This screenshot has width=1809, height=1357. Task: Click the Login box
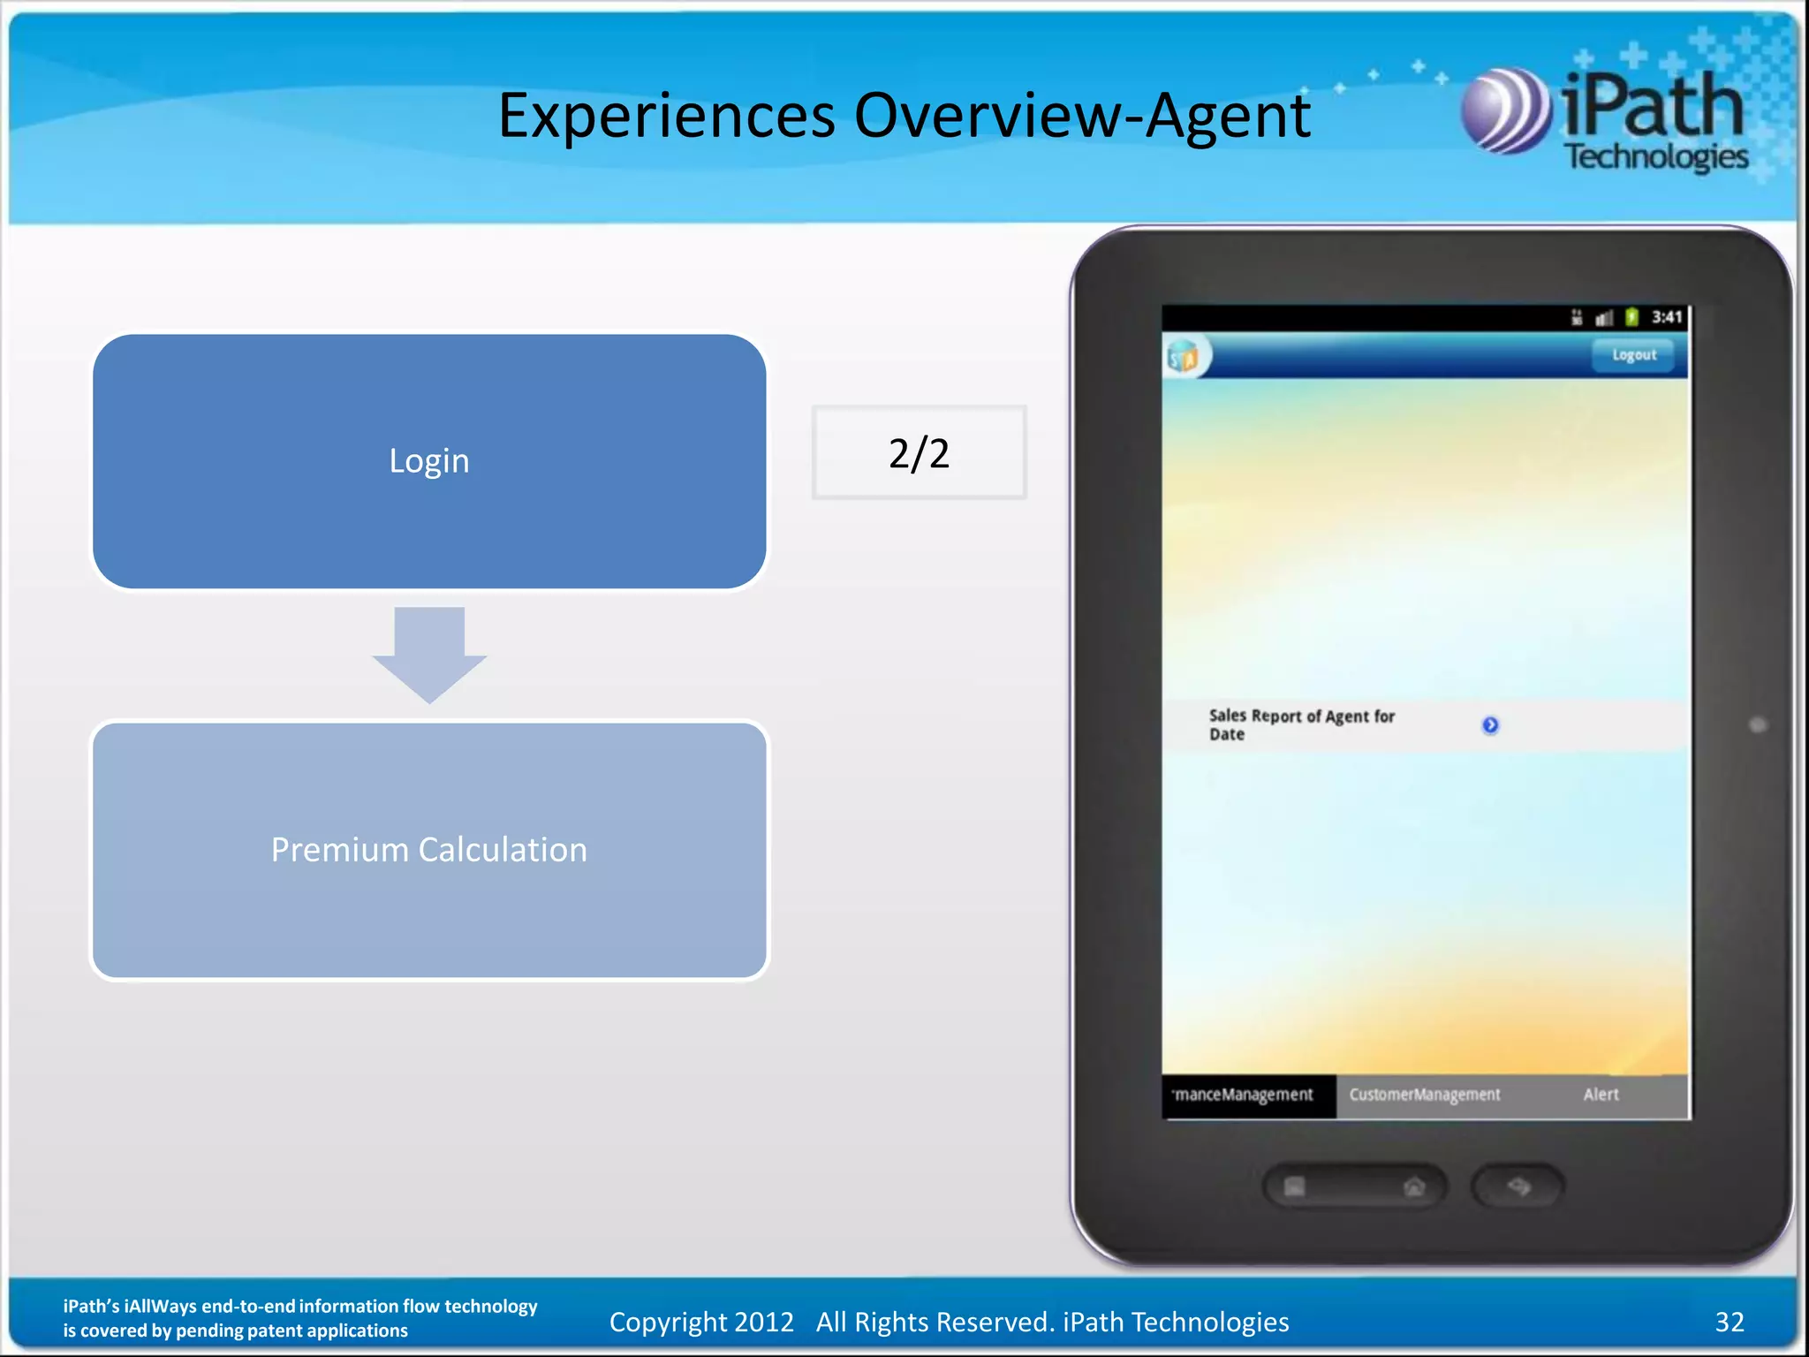(429, 461)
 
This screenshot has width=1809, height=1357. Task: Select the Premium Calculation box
(429, 850)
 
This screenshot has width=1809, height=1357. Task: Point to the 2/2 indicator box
(919, 453)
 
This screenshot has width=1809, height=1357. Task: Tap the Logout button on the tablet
(1633, 355)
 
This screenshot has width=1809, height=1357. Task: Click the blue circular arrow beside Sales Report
(1490, 725)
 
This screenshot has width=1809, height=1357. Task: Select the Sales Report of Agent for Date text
(1301, 724)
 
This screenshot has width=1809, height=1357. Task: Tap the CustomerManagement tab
(1424, 1095)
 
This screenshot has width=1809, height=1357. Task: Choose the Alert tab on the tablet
(1601, 1095)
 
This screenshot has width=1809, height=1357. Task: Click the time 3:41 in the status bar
(1667, 317)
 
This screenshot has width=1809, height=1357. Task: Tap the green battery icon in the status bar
(1631, 317)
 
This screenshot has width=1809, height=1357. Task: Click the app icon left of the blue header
(1185, 357)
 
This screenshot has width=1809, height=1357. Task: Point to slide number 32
(1730, 1322)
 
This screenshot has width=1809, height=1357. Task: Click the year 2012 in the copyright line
(764, 1322)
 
